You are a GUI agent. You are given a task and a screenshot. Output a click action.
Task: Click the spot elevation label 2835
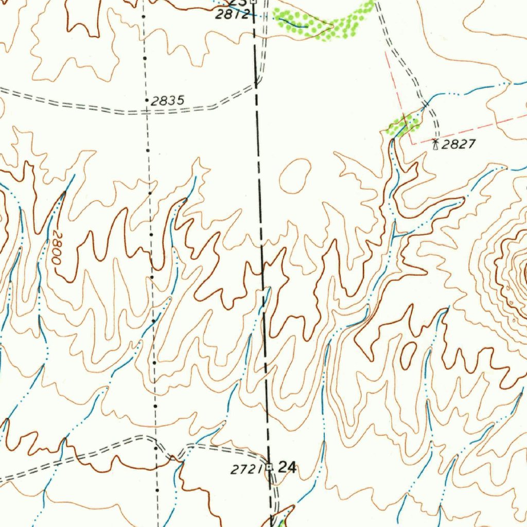coord(168,101)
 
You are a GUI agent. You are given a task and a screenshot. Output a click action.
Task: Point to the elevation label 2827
coord(459,145)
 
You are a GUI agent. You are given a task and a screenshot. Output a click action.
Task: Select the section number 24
coord(287,467)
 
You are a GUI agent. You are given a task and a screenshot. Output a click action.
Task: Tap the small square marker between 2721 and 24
coord(269,467)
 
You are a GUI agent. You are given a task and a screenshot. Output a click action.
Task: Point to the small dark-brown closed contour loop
coord(408,355)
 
